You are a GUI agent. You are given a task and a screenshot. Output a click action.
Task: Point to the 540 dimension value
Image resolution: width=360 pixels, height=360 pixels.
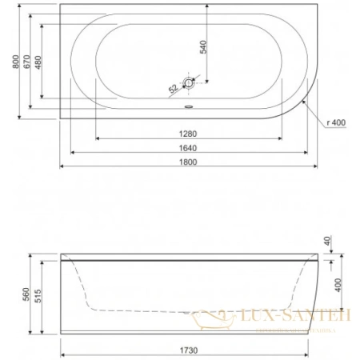click(203, 47)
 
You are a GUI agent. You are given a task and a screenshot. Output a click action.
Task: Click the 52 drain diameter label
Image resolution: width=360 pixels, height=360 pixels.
click(173, 89)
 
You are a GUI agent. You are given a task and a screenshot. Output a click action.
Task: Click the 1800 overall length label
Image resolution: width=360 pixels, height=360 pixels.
click(188, 162)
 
